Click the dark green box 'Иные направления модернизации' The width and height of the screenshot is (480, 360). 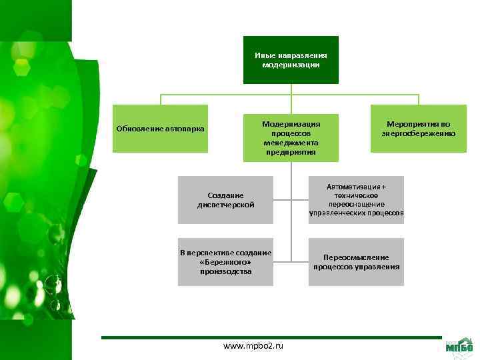291,60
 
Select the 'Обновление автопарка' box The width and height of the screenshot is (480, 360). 160,129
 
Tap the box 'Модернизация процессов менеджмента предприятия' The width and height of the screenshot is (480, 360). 291,137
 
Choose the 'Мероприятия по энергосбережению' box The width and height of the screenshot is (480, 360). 419,129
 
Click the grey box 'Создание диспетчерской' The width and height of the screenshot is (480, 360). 225,200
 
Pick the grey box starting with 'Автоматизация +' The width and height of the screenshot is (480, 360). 356,200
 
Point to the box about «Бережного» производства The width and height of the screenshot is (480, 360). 225,262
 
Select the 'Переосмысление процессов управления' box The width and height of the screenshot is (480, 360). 356,262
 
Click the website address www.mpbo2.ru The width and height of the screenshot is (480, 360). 253,347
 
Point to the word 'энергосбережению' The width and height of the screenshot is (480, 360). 419,133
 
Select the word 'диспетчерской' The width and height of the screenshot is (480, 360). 225,205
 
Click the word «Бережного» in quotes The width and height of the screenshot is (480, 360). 225,262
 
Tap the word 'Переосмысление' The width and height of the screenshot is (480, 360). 356,257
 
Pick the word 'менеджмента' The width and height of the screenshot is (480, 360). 291,143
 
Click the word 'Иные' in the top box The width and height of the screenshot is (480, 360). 263,55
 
